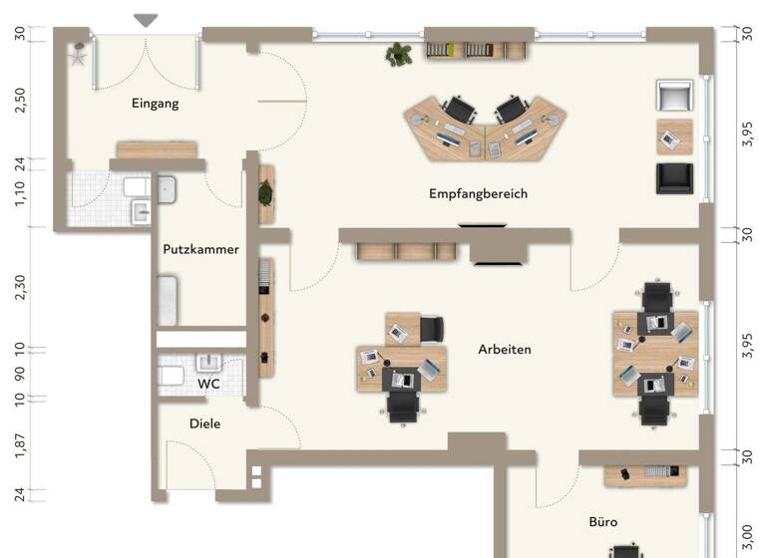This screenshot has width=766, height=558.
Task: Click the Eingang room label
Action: point(155,103)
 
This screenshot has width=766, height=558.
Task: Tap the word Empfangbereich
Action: point(478,193)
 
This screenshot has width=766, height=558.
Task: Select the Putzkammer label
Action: point(200,249)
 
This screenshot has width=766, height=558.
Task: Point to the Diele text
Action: point(204,423)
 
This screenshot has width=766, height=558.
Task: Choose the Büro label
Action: point(602,521)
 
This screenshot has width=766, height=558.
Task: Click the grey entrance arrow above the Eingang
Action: point(147,20)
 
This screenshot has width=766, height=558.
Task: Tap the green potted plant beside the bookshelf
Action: point(399,54)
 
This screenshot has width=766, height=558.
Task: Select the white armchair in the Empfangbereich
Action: point(674,97)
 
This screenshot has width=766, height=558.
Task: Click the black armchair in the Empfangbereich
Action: point(674,177)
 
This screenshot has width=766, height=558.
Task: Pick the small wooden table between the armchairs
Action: point(674,137)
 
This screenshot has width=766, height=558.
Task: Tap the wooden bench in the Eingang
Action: point(157,149)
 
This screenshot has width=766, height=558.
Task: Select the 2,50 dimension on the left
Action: point(21,100)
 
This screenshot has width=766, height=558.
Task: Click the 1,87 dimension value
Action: point(21,445)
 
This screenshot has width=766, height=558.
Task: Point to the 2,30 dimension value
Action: point(21,287)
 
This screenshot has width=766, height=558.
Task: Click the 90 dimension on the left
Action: point(21,374)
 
